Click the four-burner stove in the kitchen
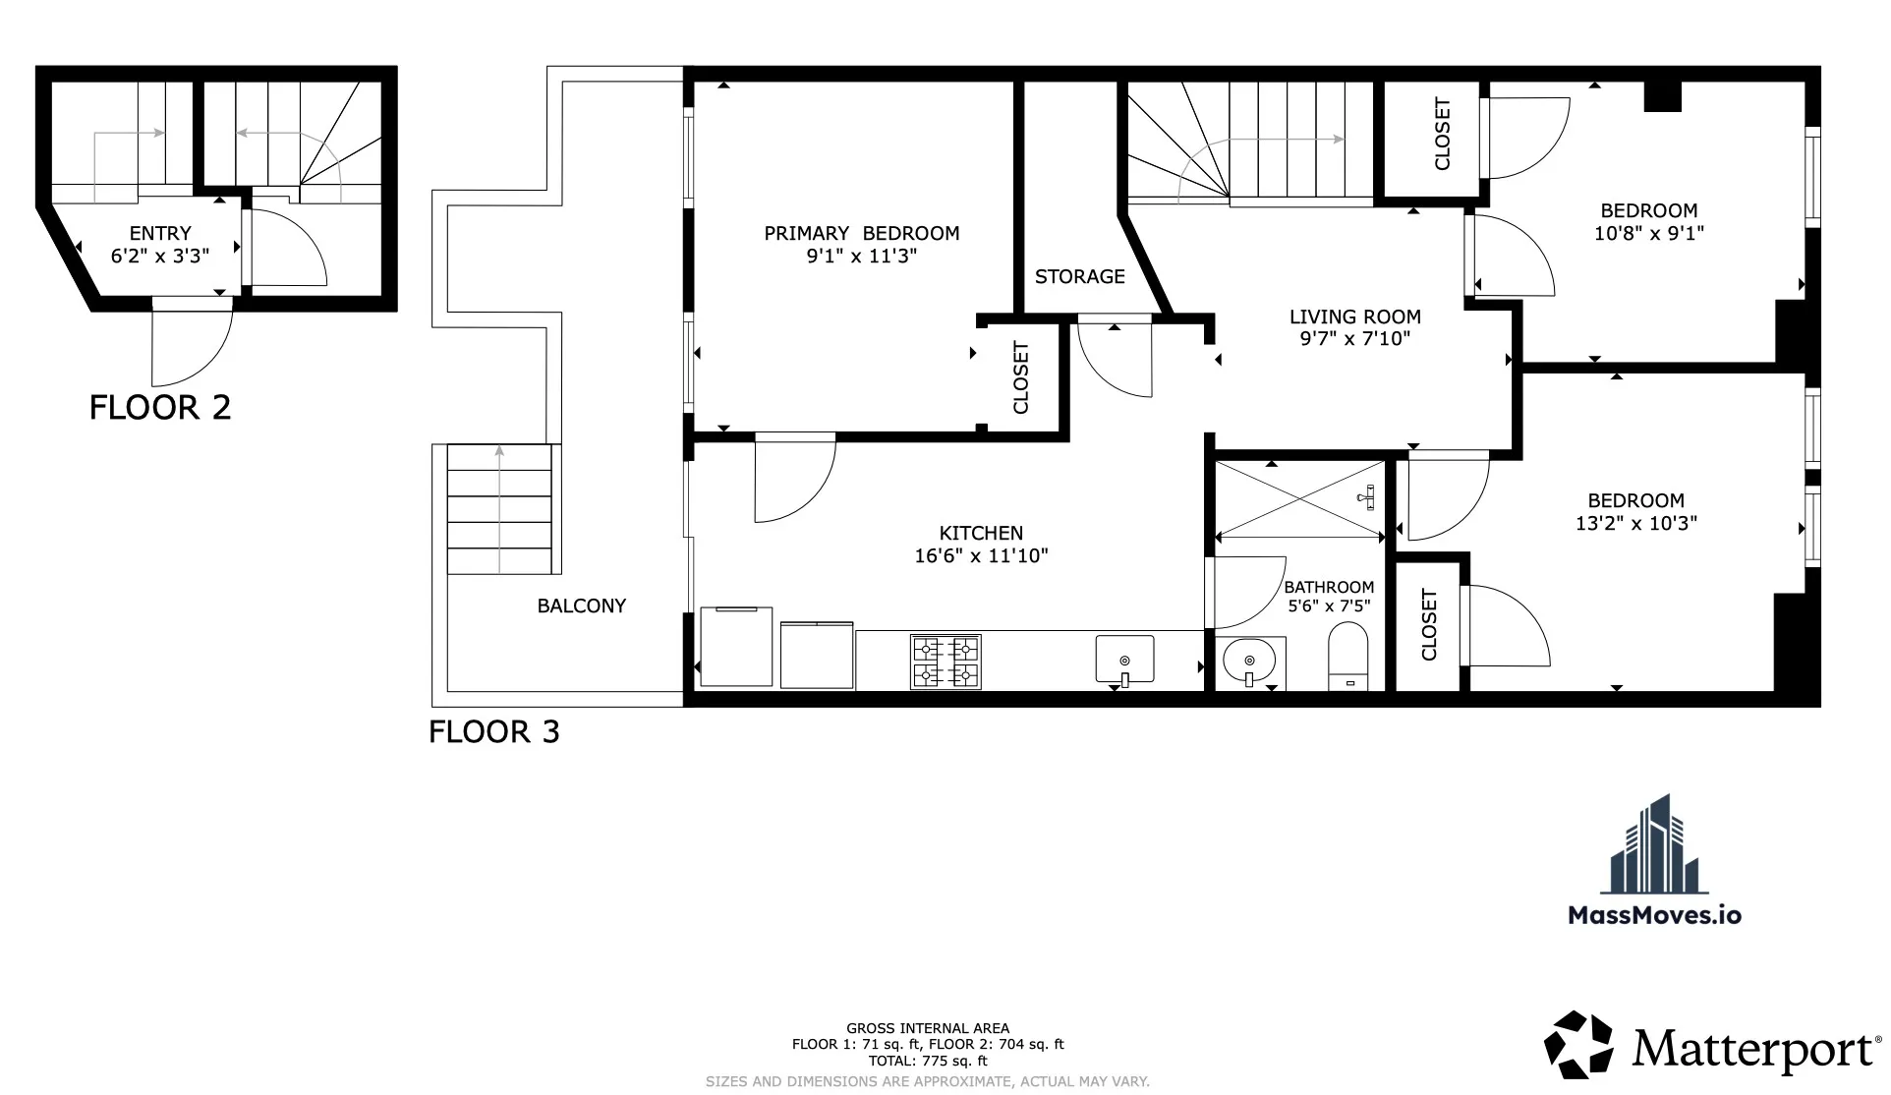click(946, 662)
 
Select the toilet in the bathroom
click(1347, 657)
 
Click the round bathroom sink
click(1249, 662)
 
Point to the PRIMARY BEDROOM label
click(861, 234)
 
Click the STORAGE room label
click(1079, 277)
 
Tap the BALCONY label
click(581, 606)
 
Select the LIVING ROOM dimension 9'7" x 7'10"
click(1354, 339)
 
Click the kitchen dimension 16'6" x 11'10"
click(981, 556)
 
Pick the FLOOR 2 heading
click(160, 407)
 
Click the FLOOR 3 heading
click(494, 731)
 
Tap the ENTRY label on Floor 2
click(160, 234)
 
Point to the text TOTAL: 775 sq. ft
click(928, 1061)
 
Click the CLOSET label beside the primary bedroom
click(1020, 377)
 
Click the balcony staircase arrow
click(499, 506)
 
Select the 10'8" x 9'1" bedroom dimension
click(1648, 234)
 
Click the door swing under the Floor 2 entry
click(192, 344)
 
